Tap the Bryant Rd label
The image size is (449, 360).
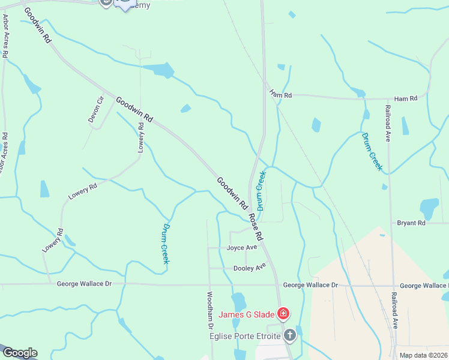click(x=411, y=223)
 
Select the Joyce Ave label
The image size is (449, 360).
click(x=242, y=247)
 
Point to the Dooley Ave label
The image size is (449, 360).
click(x=249, y=268)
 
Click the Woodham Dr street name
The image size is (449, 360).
click(x=211, y=310)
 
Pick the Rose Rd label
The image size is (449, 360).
click(x=257, y=226)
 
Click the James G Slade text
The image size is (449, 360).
click(x=246, y=314)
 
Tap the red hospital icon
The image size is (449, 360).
click(x=283, y=313)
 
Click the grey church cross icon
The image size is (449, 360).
click(x=289, y=335)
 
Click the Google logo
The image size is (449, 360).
click(x=19, y=353)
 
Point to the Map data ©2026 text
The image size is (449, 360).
click(x=423, y=355)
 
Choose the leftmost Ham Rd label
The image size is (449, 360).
click(x=280, y=95)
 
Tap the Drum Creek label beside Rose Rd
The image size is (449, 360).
click(x=261, y=187)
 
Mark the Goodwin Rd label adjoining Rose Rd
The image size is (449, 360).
click(x=232, y=193)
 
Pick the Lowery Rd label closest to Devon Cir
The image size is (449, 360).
click(x=141, y=137)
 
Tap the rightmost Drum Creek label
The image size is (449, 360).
click(x=372, y=151)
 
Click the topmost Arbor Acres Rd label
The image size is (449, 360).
click(x=5, y=40)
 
